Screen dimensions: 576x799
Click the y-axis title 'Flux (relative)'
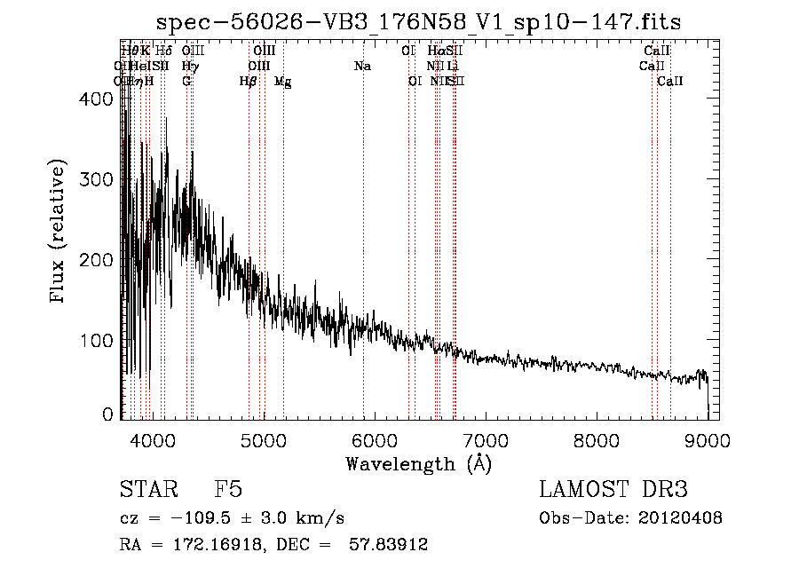tap(59, 233)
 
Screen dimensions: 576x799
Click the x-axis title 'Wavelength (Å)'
tap(418, 463)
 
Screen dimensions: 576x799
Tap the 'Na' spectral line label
tap(362, 66)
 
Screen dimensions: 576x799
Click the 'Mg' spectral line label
tap(282, 82)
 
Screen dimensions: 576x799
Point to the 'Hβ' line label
tap(249, 82)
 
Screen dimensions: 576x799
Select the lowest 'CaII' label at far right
tap(670, 81)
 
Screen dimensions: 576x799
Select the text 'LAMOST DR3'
tap(613, 490)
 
